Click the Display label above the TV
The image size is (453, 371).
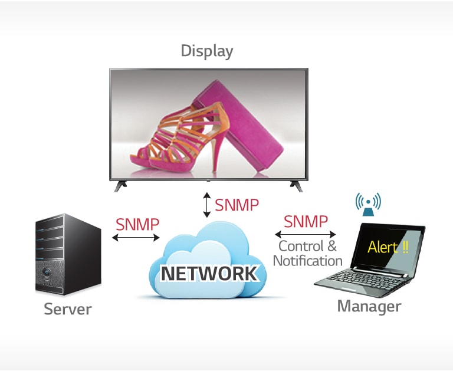206,51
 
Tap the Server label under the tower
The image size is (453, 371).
68,309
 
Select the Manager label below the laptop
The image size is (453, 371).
369,306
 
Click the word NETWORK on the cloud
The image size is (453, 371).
209,274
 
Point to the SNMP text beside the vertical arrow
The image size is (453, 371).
237,205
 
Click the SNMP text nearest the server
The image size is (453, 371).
137,225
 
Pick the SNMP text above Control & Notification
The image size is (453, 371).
306,222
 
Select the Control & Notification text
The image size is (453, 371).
307,253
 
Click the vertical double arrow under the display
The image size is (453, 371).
206,205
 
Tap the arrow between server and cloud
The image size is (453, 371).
136,238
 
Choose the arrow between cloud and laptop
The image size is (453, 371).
306,234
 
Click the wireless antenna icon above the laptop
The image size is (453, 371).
367,203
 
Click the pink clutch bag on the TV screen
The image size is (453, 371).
248,127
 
